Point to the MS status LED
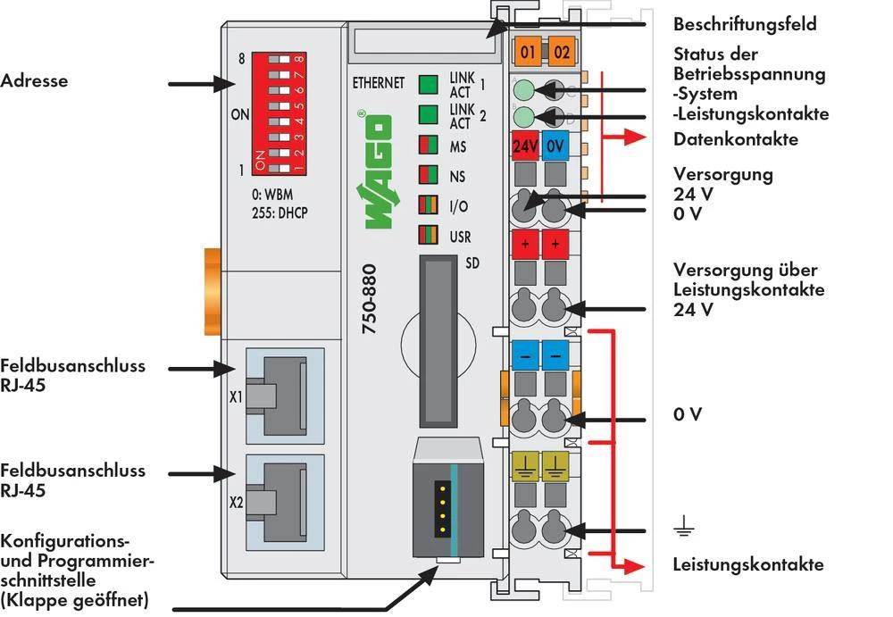[429, 146]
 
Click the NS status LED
[429, 175]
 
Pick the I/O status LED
[429, 205]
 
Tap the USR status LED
[429, 236]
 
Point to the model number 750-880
[370, 299]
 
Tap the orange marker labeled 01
[527, 52]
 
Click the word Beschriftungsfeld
[744, 24]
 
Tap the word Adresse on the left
[34, 81]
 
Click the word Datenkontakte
[736, 139]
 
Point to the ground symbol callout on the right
[684, 529]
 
